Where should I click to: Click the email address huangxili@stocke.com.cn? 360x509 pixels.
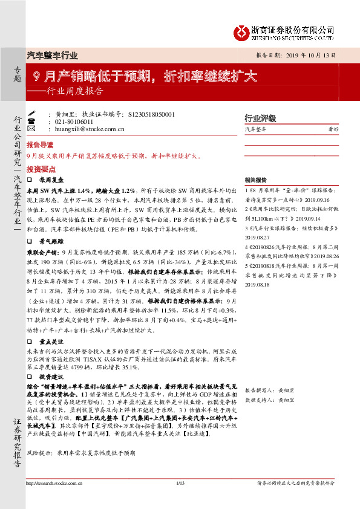(x=90, y=128)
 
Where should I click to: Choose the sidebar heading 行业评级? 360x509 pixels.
(x=259, y=117)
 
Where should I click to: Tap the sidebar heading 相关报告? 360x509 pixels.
(x=256, y=180)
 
